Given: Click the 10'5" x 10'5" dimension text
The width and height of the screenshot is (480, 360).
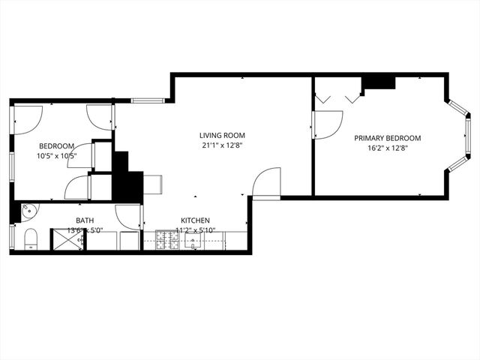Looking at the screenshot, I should point(57,156).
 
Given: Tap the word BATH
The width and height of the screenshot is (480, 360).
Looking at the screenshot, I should point(85,220).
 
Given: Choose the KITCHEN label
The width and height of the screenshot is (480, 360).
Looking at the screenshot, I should point(194,220).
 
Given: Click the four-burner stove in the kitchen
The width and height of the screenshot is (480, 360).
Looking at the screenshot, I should point(166,240).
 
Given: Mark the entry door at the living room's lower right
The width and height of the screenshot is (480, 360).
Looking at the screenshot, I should point(266,183).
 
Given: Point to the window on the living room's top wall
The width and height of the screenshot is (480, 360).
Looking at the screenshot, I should point(148,100).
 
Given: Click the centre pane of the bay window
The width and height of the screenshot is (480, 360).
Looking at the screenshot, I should point(467,138).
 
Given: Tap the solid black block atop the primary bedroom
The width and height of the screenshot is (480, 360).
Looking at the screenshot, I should point(379,82).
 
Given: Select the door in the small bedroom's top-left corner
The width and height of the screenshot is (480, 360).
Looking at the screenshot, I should point(27,118).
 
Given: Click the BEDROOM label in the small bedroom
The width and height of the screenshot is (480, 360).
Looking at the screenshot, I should point(57,145).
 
